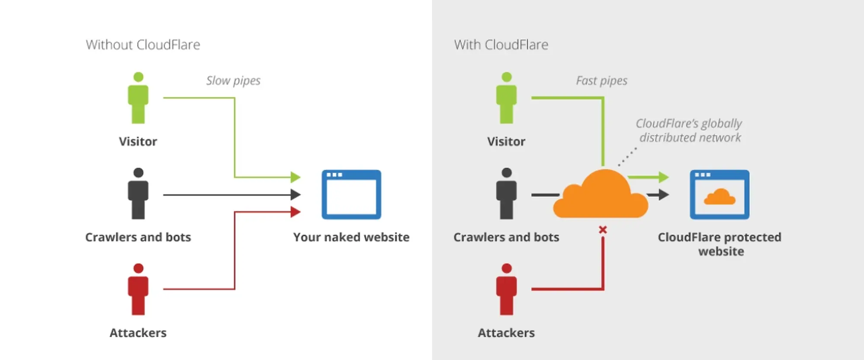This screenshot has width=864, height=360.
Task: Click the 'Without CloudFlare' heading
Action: tap(143, 45)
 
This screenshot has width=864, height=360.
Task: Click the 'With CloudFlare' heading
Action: tap(501, 45)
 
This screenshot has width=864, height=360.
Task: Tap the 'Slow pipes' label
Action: tap(233, 81)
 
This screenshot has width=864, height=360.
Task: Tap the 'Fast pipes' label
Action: tap(601, 81)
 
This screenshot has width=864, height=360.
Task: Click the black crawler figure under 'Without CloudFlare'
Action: tap(138, 194)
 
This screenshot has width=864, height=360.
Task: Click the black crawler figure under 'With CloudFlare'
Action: tap(506, 194)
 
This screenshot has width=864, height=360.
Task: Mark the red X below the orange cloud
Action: tap(603, 230)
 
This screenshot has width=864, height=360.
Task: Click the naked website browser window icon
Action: tap(351, 194)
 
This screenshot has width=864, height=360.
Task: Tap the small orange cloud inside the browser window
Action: tap(719, 197)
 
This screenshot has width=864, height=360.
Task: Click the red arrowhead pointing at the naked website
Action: tap(295, 212)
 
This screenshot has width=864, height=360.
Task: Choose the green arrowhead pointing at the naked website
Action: tap(295, 177)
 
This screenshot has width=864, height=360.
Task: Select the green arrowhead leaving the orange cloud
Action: tap(663, 177)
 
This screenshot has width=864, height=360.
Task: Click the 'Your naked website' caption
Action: tap(351, 237)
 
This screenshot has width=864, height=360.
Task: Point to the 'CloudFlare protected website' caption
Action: tap(720, 244)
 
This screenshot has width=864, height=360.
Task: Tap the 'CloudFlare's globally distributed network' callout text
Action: tap(689, 131)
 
